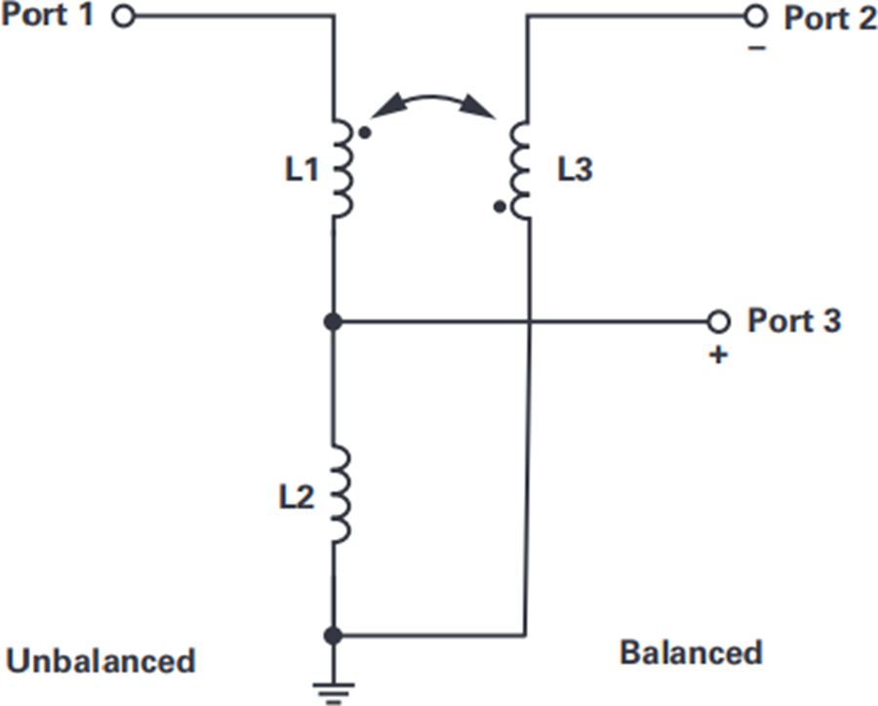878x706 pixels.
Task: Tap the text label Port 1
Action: coord(47,15)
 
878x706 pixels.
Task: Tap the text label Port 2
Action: coord(829,18)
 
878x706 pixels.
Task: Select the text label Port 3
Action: coord(794,320)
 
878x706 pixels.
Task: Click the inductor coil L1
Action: coord(342,168)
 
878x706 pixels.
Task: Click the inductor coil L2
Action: coord(341,495)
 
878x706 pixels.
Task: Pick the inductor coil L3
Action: coord(520,170)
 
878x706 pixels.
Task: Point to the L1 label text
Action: coord(301,169)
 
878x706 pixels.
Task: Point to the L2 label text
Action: coord(297,496)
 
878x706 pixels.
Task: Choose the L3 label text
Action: coord(575,169)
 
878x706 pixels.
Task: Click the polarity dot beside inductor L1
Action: coord(365,134)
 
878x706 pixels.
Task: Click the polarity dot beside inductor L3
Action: coord(499,207)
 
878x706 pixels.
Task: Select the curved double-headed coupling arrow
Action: coord(432,98)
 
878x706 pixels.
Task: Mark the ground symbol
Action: coord(334,692)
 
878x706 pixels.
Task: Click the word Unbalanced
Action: coord(100,660)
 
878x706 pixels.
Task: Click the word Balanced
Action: coord(691,652)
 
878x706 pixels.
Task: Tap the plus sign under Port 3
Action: coord(718,355)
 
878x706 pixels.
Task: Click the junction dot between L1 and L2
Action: coord(334,321)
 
